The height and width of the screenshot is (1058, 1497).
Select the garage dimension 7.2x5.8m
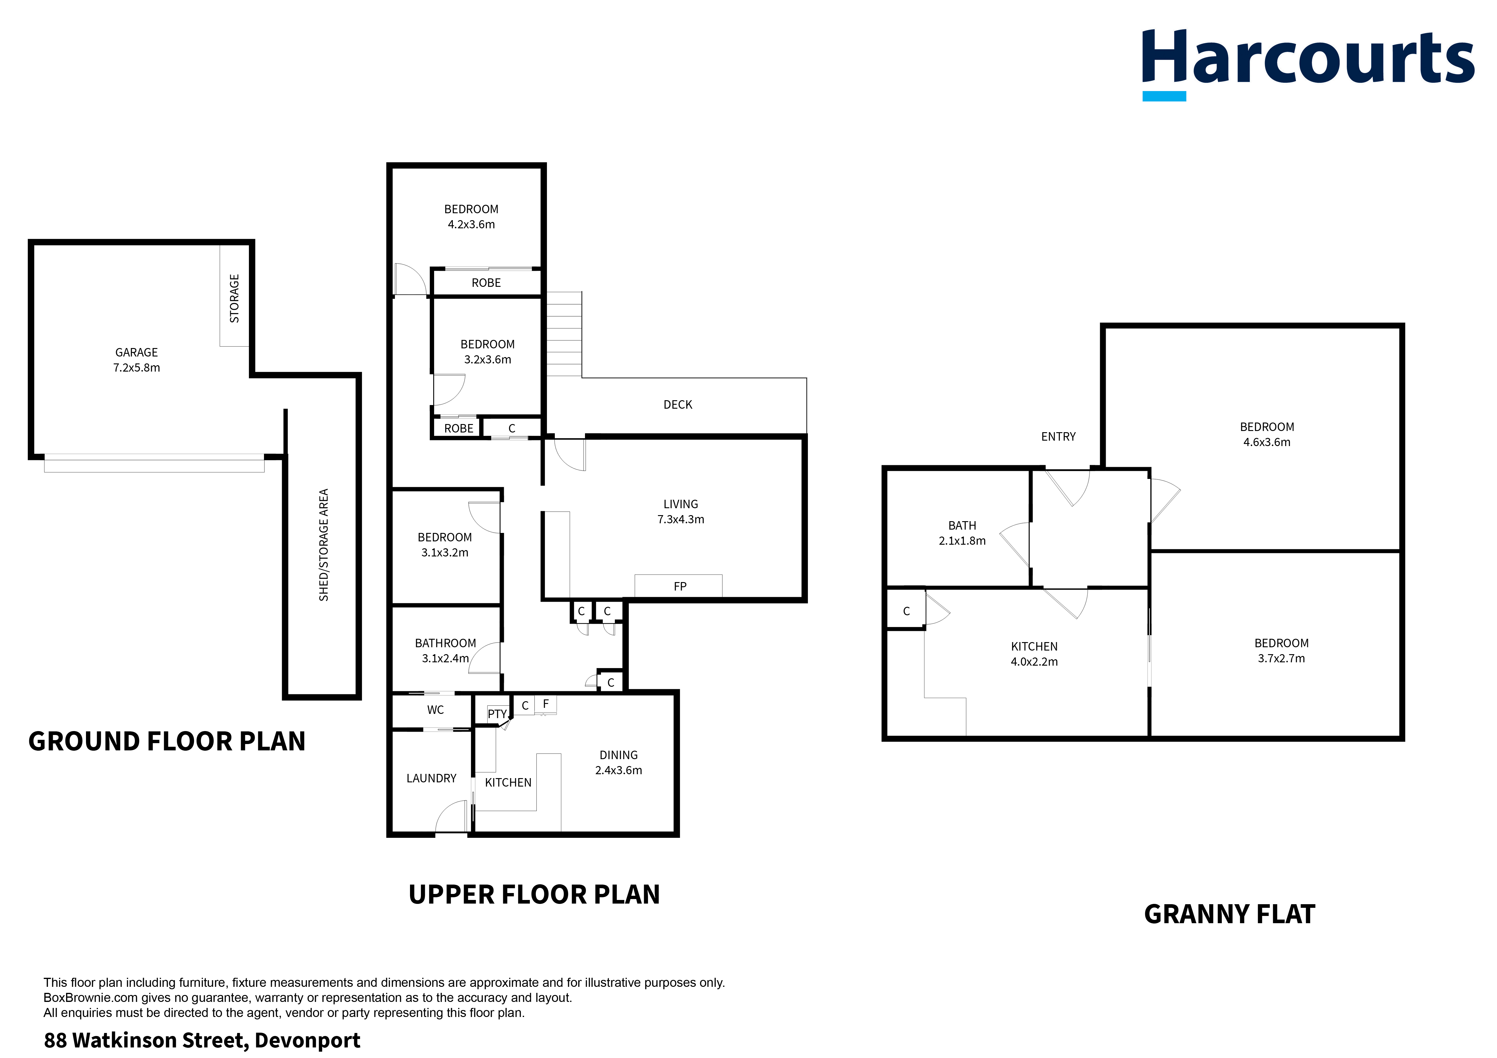[136, 368]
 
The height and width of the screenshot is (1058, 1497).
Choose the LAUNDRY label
[431, 778]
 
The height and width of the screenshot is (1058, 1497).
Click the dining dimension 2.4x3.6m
[618, 770]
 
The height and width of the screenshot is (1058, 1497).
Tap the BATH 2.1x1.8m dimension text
[962, 540]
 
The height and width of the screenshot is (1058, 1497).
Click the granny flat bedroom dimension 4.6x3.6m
[1266, 442]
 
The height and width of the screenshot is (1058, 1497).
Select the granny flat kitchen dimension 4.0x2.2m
[1034, 662]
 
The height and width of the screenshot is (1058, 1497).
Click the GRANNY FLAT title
[1229, 914]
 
